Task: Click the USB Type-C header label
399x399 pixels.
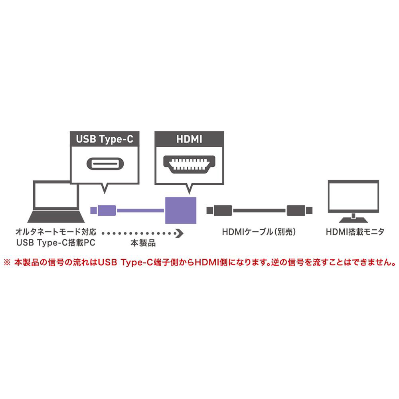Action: [105, 139]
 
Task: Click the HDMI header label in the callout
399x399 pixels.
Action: [189, 139]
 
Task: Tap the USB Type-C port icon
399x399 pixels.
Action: [105, 164]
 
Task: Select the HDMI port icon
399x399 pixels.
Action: [189, 164]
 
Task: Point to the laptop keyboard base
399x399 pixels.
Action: [56, 217]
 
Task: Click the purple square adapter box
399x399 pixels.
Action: [181, 210]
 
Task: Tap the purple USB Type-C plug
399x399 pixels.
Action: [103, 210]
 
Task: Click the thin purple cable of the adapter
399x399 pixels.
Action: [140, 210]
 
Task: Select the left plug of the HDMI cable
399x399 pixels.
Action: [219, 210]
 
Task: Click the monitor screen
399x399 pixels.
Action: [354, 196]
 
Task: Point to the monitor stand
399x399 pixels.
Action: [353, 218]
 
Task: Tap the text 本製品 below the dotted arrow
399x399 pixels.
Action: [143, 243]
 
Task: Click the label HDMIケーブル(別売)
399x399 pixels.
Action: [259, 232]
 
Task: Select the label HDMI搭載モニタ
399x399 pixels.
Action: [355, 232]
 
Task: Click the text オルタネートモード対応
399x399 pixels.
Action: [56, 231]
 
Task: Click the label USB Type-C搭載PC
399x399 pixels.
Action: [56, 243]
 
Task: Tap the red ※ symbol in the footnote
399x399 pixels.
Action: [7, 263]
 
